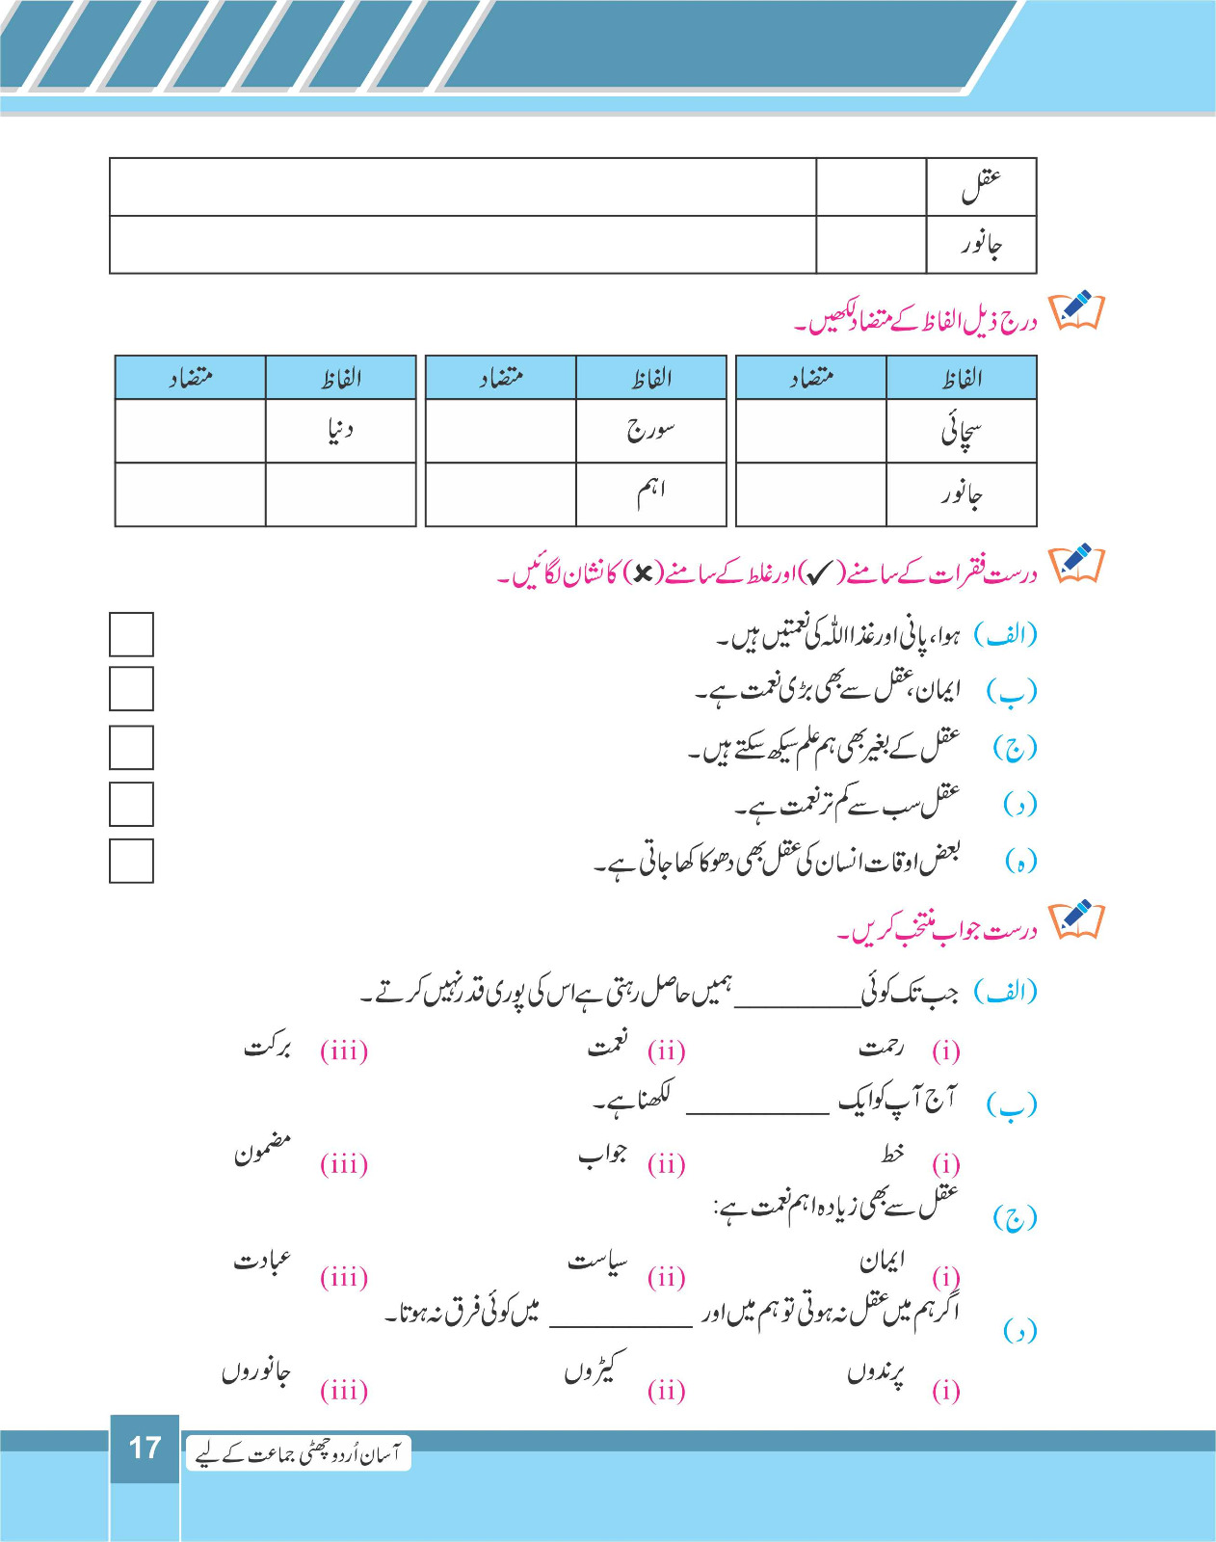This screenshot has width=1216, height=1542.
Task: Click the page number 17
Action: [x=145, y=1448]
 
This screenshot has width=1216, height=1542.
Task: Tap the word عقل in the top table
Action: [x=981, y=186]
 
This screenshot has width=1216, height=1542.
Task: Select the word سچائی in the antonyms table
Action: [x=961, y=432]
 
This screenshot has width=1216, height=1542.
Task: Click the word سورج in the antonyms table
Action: [x=650, y=430]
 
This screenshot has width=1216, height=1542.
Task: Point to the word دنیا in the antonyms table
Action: [x=340, y=430]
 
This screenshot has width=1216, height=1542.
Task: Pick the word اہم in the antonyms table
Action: [x=650, y=493]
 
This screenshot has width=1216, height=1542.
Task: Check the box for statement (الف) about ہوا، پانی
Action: [x=131, y=634]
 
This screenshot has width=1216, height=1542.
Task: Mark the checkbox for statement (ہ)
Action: [x=131, y=861]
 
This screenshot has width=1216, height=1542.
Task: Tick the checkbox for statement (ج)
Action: [x=131, y=748]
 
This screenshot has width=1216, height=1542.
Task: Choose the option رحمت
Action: [x=881, y=1047]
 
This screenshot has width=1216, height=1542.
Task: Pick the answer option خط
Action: [x=892, y=1153]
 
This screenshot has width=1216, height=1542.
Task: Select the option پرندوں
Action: [x=876, y=1373]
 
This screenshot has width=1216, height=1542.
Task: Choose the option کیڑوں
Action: [x=595, y=1369]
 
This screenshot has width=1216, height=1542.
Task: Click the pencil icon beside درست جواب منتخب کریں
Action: [x=1076, y=921]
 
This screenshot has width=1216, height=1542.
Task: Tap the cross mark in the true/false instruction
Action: [x=642, y=575]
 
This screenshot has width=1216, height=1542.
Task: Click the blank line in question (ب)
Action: [x=757, y=1110]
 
